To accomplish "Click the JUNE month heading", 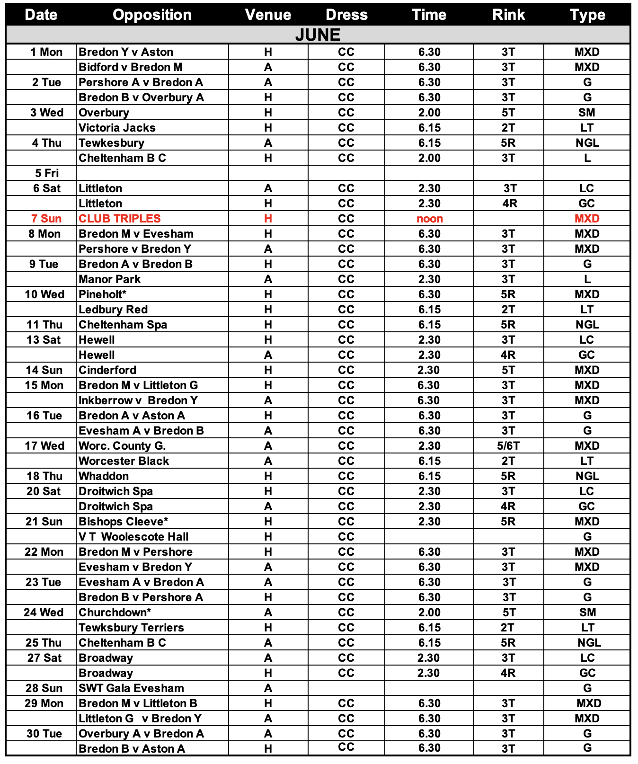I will tap(318, 35).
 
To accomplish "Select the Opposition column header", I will tap(152, 15).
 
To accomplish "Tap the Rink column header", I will tap(508, 15).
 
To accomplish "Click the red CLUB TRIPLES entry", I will tap(120, 218).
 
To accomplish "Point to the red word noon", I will tap(429, 219).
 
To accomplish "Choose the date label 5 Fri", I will tap(47, 173).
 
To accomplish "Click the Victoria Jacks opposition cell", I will tap(117, 128).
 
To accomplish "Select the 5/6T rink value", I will tap(508, 446).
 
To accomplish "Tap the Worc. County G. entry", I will tap(122, 446).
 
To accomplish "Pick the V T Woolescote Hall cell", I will tap(133, 537).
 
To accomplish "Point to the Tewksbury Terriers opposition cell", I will tap(131, 628).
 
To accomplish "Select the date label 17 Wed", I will tap(44, 446).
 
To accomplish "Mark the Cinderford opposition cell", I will tap(107, 370).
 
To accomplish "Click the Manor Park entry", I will tap(109, 279).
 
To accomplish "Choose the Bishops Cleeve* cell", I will tap(124, 522).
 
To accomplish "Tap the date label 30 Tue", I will tap(44, 734).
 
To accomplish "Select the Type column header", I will tap(587, 15).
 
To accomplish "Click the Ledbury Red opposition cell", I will tap(113, 310).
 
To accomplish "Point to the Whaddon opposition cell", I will tap(104, 476).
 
